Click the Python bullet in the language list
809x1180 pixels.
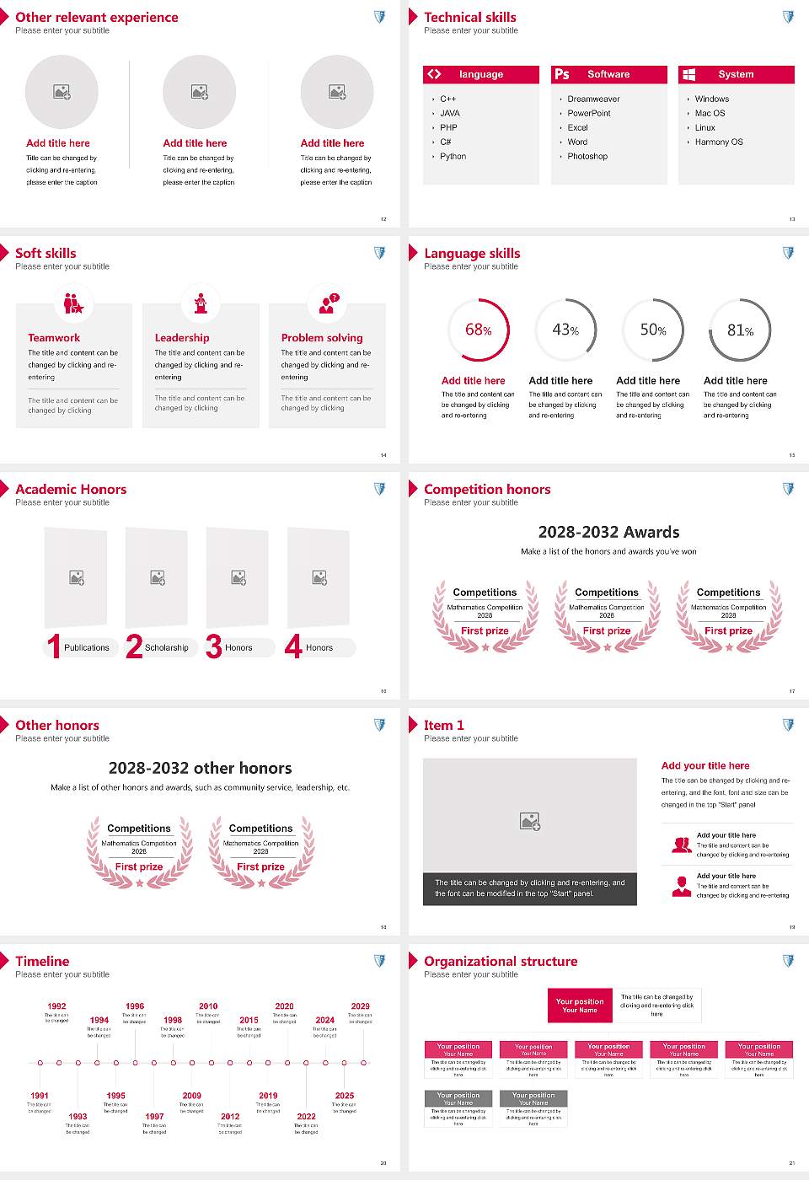[x=453, y=157]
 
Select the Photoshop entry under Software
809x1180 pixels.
[x=587, y=157]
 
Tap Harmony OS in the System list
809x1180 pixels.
[x=719, y=142]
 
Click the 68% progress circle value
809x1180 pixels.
[x=478, y=330]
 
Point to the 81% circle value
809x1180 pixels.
[x=740, y=330]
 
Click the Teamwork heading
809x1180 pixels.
[x=54, y=338]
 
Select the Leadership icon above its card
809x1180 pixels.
[x=201, y=303]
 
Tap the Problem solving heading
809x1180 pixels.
[x=322, y=338]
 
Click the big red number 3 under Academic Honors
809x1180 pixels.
[x=214, y=646]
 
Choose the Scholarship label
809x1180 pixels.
[x=166, y=648]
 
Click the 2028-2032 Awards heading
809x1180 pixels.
[x=608, y=532]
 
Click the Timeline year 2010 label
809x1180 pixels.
[x=208, y=1006]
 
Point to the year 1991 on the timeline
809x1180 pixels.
[x=40, y=1096]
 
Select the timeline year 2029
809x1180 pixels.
[x=360, y=1006]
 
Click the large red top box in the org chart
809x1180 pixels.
[x=580, y=1006]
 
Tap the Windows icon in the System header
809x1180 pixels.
[x=688, y=74]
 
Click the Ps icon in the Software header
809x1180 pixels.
[x=562, y=74]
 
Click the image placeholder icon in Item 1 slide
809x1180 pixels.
[x=530, y=821]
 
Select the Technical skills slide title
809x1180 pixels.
[x=470, y=17]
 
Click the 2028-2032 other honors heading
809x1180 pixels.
[x=200, y=768]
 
